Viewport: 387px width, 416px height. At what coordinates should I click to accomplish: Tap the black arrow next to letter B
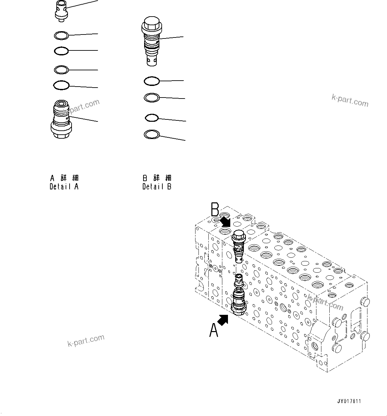tap(225, 221)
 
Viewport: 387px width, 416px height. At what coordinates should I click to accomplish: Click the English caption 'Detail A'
tap(64, 186)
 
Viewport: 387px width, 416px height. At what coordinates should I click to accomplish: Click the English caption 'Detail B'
tap(157, 186)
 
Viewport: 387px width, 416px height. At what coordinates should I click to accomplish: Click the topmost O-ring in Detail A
tap(61, 35)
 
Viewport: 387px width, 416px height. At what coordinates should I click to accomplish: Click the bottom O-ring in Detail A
tap(61, 85)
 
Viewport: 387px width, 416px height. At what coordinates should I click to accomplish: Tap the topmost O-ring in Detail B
tap(152, 81)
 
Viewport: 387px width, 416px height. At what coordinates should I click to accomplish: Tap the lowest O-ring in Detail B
tap(152, 134)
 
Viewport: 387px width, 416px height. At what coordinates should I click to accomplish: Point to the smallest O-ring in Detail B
tap(152, 117)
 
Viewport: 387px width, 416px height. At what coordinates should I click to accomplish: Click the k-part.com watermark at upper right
tap(350, 100)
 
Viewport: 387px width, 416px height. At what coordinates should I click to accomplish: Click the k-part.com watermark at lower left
tap(86, 341)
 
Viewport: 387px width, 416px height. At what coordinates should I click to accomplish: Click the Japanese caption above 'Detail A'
tap(64, 178)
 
